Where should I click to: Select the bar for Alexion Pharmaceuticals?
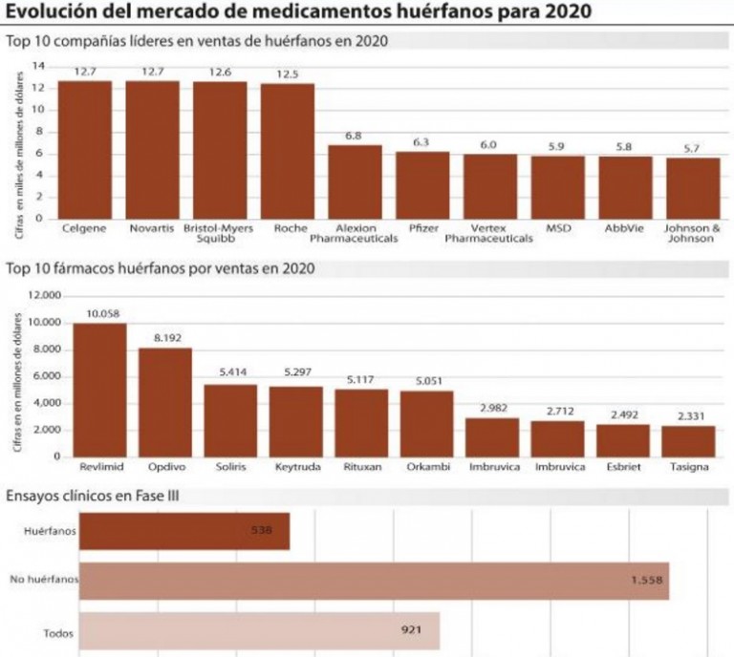(355, 181)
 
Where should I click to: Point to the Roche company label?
(288, 229)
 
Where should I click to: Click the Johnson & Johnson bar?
(693, 187)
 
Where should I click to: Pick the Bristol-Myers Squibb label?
(220, 234)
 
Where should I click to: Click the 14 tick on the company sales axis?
(38, 66)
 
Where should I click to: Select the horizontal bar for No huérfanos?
(373, 579)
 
